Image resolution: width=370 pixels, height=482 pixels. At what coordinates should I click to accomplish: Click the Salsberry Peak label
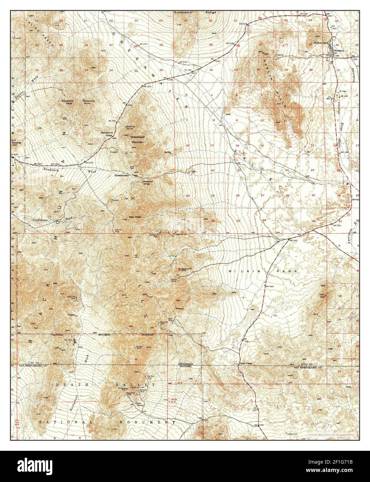pyautogui.click(x=67, y=102)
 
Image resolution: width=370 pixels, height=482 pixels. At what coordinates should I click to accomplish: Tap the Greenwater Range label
pyautogui.click(x=195, y=12)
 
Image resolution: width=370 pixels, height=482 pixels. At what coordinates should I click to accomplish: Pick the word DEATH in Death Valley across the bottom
pyautogui.click(x=64, y=385)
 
